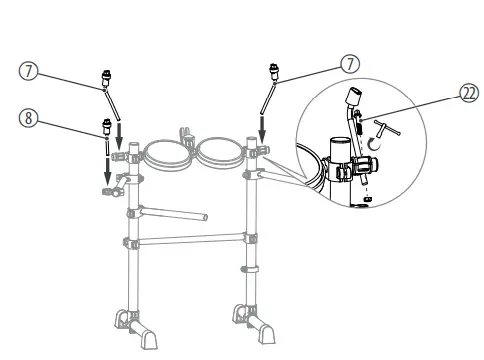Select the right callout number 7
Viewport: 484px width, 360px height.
350,63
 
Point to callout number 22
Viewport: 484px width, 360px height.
468,91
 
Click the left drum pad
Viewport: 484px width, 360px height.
164,155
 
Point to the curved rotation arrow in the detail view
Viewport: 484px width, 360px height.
371,144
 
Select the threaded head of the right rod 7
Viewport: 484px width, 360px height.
272,71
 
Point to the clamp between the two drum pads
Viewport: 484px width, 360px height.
187,134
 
